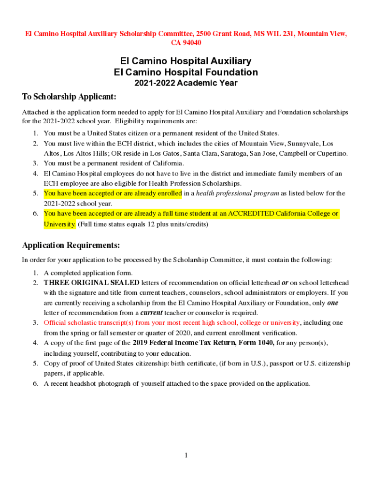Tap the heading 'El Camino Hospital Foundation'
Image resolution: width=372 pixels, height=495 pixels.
pyautogui.click(x=186, y=73)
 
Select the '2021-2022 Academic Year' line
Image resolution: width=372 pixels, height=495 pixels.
pyautogui.click(x=186, y=83)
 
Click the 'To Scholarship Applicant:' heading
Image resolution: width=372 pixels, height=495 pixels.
pyautogui.click(x=70, y=97)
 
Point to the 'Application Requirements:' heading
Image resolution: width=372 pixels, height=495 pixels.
pyautogui.click(x=71, y=245)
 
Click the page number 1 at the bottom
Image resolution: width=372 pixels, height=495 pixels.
pyautogui.click(x=186, y=455)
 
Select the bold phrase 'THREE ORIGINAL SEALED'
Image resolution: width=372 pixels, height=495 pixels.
pyautogui.click(x=91, y=283)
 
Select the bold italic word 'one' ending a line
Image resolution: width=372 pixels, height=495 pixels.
pyautogui.click(x=332, y=303)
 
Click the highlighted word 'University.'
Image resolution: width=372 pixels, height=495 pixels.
pyautogui.click(x=60, y=224)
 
